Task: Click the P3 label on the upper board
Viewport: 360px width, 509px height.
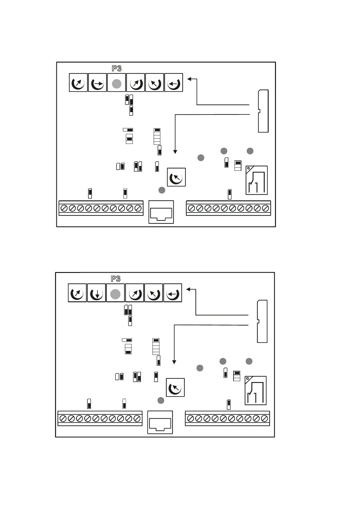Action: click(x=116, y=68)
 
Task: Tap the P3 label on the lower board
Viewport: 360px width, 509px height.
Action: click(x=116, y=279)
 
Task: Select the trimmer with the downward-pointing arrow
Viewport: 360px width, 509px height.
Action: click(x=97, y=293)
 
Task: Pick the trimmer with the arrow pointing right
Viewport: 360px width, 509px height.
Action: click(x=97, y=83)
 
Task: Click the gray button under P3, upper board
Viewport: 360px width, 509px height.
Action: click(x=116, y=83)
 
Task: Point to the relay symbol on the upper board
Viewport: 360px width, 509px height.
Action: click(x=257, y=180)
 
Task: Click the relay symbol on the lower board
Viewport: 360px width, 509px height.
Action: click(x=256, y=391)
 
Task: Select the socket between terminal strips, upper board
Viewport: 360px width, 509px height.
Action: click(x=161, y=212)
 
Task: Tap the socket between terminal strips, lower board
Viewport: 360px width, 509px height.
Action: click(x=160, y=422)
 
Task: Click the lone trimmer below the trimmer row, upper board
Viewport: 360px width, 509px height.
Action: click(x=176, y=177)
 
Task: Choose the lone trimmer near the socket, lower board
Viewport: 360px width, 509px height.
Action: click(x=175, y=388)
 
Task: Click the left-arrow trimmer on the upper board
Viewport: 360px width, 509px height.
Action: click(x=174, y=83)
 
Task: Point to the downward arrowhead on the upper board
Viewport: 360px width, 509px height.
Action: click(x=175, y=152)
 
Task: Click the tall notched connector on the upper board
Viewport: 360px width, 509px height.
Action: click(x=263, y=111)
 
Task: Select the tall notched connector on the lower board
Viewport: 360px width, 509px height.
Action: click(x=262, y=321)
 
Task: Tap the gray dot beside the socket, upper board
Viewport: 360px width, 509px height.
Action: click(x=162, y=190)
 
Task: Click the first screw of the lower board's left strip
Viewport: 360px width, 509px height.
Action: click(x=63, y=418)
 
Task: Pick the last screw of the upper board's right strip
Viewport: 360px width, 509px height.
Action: click(x=265, y=208)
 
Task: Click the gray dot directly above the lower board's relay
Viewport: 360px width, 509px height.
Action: click(x=249, y=361)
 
